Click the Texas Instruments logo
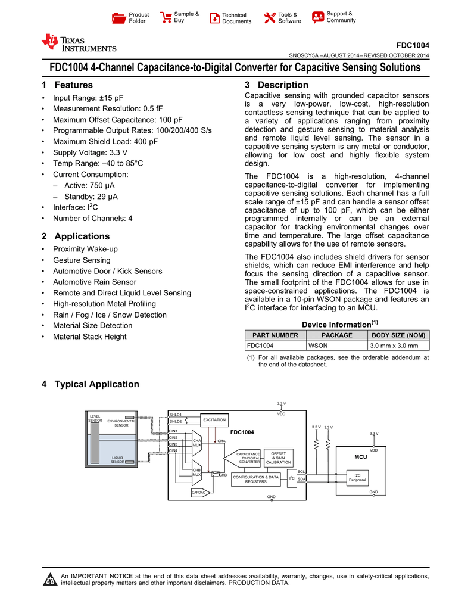[x=79, y=43]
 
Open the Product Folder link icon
[x=119, y=18]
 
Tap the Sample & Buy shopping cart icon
[x=166, y=18]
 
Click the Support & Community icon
[x=318, y=17]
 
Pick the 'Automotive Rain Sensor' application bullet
[x=95, y=282]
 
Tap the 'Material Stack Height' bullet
[x=90, y=337]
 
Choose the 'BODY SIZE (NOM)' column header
[x=398, y=335]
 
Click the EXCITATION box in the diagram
[x=214, y=421]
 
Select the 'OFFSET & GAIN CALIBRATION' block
[x=278, y=458]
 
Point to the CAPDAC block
[x=199, y=493]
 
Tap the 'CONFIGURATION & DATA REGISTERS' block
[x=255, y=479]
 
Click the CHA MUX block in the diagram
[x=197, y=443]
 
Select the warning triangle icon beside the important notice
[x=51, y=580]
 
